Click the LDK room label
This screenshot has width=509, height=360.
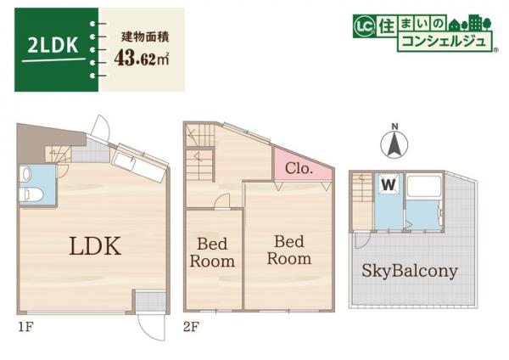pyautogui.click(x=96, y=247)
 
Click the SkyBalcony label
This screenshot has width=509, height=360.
pyautogui.click(x=410, y=272)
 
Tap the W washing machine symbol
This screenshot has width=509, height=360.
pyautogui.click(x=388, y=183)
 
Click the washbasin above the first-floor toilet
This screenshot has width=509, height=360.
pyautogui.click(x=26, y=174)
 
